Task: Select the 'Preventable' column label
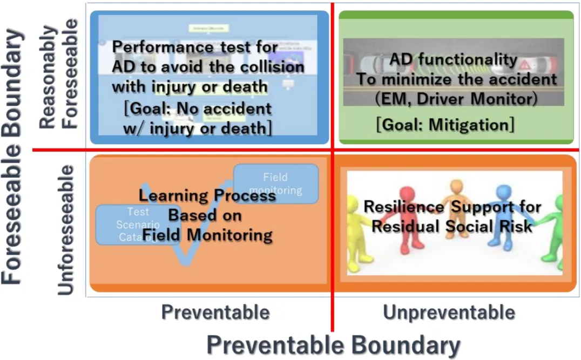(215, 311)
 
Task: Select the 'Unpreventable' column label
(449, 311)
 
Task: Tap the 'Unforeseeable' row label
(65, 230)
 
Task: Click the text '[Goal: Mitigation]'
(444, 125)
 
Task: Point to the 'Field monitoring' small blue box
(276, 184)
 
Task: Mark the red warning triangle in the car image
(524, 65)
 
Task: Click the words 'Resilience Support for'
(452, 207)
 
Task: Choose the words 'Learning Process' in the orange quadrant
(207, 196)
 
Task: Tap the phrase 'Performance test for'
(195, 47)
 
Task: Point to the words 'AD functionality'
(453, 59)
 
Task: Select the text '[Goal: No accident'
(198, 109)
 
